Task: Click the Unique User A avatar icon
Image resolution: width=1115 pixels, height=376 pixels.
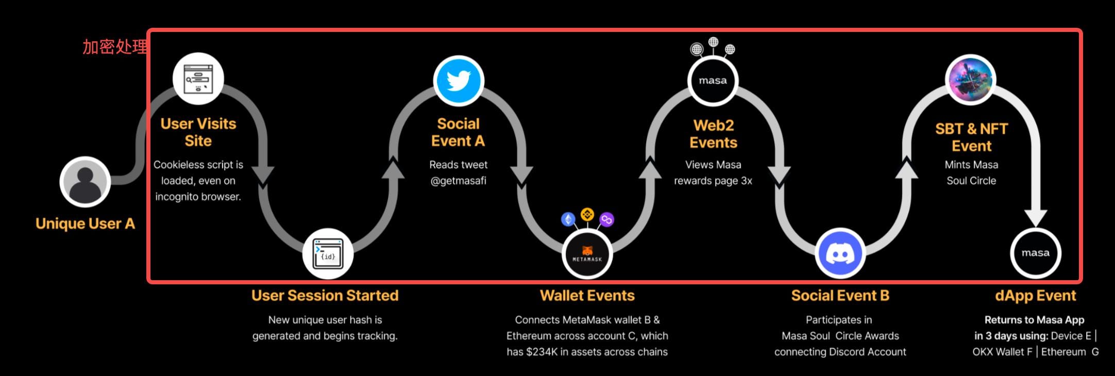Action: (x=85, y=182)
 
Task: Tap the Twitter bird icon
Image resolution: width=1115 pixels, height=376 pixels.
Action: (x=458, y=81)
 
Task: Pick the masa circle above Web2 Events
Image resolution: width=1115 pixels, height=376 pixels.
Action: (x=713, y=81)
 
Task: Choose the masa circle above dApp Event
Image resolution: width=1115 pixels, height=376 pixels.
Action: (x=1035, y=253)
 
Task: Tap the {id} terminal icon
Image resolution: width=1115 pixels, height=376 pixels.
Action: (x=328, y=254)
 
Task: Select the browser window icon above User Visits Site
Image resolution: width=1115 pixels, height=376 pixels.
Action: (x=198, y=79)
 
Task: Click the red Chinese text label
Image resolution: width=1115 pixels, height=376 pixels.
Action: (x=114, y=47)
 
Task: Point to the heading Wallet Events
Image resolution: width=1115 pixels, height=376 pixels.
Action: (x=587, y=296)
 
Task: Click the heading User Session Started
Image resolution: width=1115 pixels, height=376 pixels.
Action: (x=325, y=296)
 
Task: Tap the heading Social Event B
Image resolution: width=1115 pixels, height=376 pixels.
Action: (x=840, y=296)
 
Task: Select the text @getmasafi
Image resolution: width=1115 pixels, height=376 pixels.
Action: (x=458, y=181)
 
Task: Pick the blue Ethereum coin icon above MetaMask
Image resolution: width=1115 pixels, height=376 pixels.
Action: (x=568, y=220)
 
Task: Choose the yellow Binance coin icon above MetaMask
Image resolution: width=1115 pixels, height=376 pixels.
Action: (x=587, y=214)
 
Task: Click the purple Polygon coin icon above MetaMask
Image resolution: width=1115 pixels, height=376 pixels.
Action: (x=606, y=220)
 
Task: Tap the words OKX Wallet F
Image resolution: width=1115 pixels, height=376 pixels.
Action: (x=1002, y=352)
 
